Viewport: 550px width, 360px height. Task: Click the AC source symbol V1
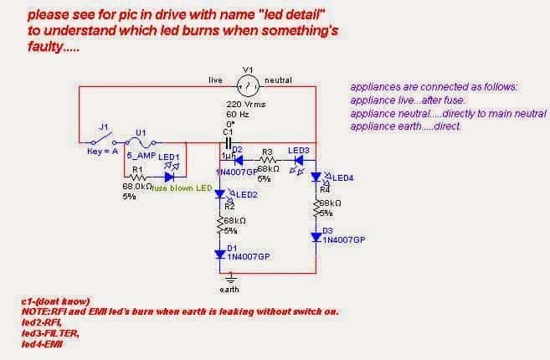tap(247, 84)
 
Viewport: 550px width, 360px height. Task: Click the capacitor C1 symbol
tap(228, 143)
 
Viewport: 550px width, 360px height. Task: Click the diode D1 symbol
tap(221, 254)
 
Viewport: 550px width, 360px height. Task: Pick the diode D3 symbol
tap(316, 238)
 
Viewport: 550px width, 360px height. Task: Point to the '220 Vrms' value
tap(244, 104)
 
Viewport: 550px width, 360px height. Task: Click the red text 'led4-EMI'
tap(40, 341)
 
